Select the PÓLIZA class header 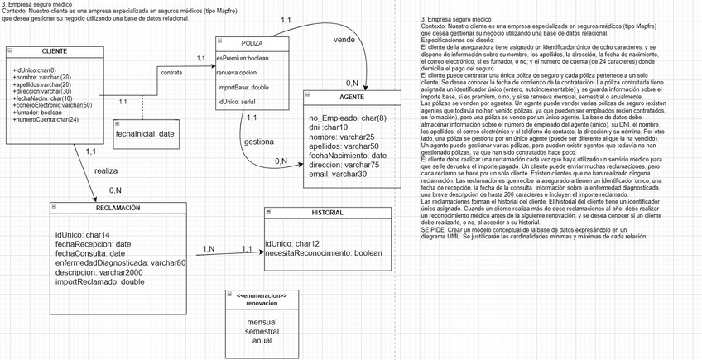click(x=252, y=42)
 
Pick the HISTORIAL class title click(x=327, y=213)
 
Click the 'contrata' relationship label click(x=171, y=73)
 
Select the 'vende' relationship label click(x=344, y=40)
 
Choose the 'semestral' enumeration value click(x=262, y=330)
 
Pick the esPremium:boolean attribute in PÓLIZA click(x=243, y=57)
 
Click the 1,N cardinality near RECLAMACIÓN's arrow click(x=209, y=248)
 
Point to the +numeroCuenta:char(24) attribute click(x=46, y=119)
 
